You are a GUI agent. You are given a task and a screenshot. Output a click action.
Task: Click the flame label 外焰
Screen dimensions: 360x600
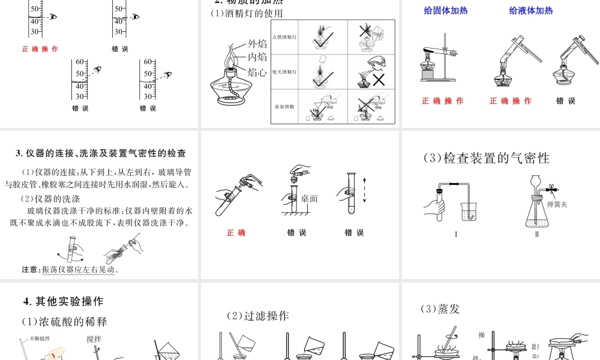257,44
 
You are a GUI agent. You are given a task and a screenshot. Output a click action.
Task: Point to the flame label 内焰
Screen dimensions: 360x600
257,58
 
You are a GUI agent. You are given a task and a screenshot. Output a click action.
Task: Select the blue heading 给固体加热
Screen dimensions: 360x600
446,10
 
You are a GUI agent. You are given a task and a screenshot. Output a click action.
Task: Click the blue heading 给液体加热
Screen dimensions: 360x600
531,10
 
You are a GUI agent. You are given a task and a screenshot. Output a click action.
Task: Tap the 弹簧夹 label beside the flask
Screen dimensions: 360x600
557,205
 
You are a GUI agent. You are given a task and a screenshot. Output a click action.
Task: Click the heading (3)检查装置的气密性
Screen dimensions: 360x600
487,158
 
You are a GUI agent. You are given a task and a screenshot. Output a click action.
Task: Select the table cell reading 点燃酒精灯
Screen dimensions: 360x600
285,37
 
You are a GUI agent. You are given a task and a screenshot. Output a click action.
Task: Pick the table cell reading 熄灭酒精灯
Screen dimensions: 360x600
285,72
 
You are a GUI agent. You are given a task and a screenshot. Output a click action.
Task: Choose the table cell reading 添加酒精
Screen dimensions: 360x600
285,107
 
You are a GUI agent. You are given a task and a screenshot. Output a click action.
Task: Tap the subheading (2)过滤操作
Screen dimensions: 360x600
257,316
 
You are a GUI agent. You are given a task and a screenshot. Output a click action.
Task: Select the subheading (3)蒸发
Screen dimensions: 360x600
440,309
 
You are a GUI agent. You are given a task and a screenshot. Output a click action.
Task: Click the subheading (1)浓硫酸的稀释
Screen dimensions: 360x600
64,322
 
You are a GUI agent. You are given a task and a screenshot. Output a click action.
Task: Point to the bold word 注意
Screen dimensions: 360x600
29,269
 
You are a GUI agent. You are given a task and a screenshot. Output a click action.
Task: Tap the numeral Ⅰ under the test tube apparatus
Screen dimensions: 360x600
456,234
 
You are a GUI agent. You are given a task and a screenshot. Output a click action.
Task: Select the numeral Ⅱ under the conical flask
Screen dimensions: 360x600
537,234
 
